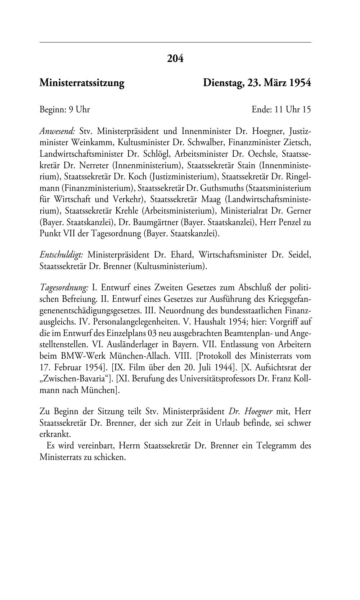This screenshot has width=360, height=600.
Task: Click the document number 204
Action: pyautogui.click(x=175, y=58)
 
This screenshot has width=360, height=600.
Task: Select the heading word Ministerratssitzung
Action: pyautogui.click(x=82, y=83)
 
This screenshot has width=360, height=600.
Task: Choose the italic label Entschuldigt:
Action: pyautogui.click(x=62, y=255)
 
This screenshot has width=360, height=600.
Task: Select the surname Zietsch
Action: pyautogui.click(x=297, y=142)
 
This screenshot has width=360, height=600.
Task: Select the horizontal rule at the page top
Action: pyautogui.click(x=175, y=42)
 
